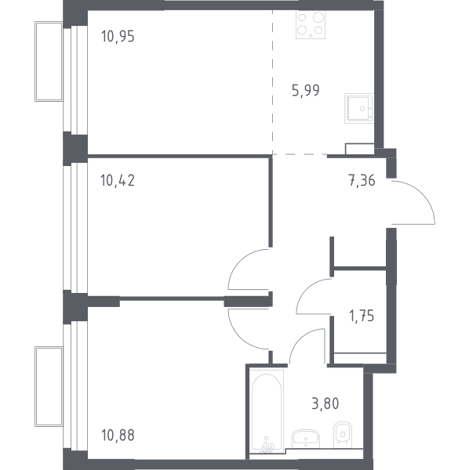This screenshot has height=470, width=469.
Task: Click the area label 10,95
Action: coord(118,36)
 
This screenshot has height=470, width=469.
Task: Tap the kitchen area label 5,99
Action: coord(305,90)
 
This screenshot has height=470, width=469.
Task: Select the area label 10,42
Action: coord(118,180)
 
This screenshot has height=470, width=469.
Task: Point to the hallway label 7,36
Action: coord(362,181)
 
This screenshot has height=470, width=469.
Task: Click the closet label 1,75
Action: coord(362,316)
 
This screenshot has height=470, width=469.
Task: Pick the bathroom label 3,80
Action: coord(325,403)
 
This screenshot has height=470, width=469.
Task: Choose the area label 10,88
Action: coord(118,436)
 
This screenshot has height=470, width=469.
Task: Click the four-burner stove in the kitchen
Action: coord(311,24)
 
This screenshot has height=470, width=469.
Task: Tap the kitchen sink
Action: coord(359,108)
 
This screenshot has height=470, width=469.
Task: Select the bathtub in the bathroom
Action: coord(267,410)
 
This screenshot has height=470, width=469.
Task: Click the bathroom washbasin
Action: coord(305,439)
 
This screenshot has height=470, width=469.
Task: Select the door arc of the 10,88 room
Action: coord(241,338)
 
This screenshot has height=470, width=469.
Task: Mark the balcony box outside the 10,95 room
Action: coord(49,61)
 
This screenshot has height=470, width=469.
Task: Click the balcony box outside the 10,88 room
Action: coord(49,387)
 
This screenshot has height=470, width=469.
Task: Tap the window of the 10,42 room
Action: coord(75,228)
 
